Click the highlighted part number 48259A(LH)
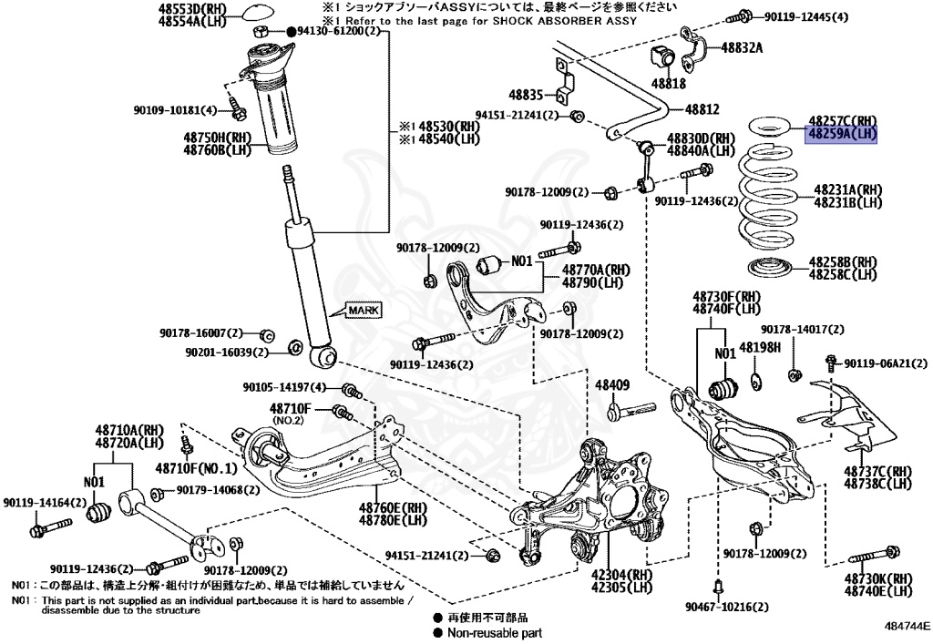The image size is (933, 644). tap(841, 133)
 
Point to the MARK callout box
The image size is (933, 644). tap(362, 311)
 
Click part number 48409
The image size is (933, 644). tap(612, 385)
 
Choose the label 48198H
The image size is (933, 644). tap(760, 347)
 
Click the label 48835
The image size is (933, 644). tap(526, 94)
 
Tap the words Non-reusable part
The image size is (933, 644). tap(495, 631)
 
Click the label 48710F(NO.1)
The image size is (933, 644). tap(195, 469)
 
